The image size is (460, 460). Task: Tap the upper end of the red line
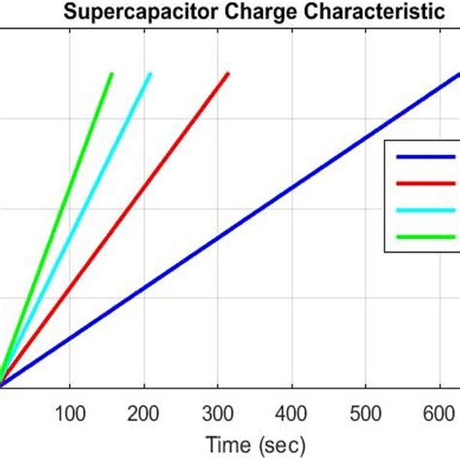click(x=228, y=73)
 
